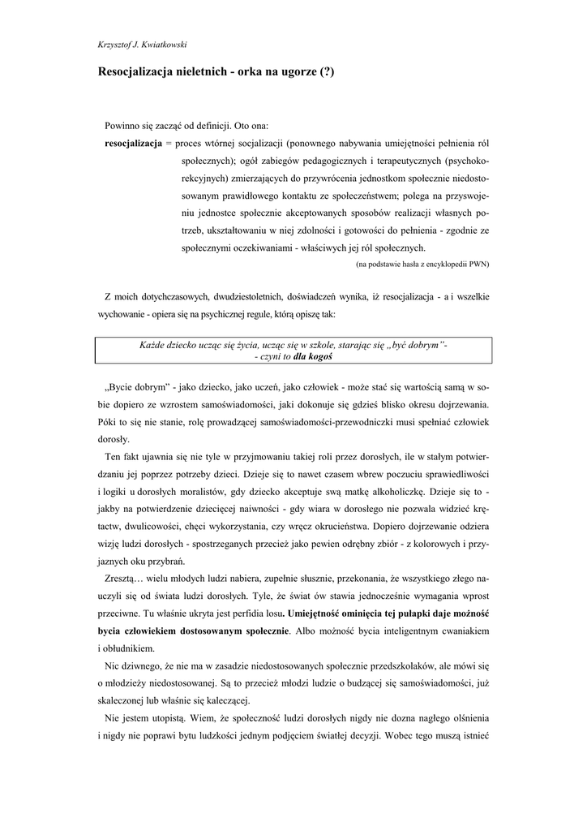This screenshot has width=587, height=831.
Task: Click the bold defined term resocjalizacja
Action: [134, 142]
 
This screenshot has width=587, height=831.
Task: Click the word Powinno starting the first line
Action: [122, 126]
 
